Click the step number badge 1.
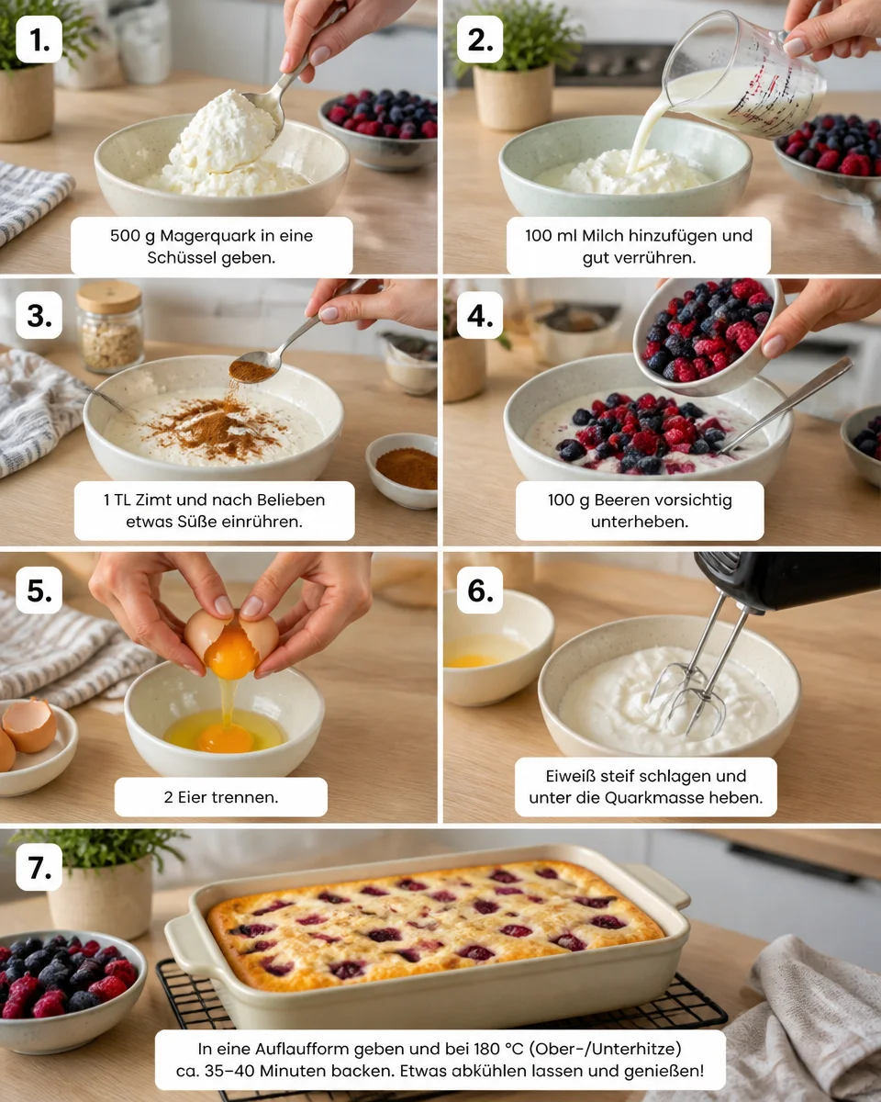pos(39,39)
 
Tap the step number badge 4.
pos(480,315)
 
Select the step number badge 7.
pos(39,867)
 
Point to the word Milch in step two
pos(603,236)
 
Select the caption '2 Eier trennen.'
pos(221,797)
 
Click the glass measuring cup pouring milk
pos(742,77)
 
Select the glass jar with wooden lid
pos(109,327)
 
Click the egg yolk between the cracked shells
pos(231,652)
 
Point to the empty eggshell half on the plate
pos(29,724)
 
